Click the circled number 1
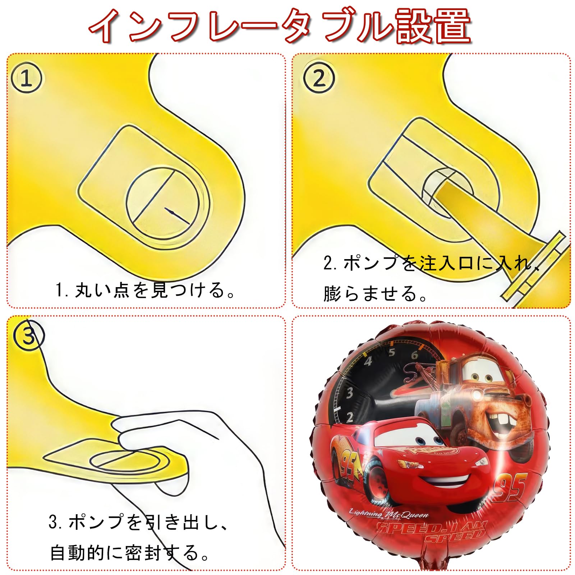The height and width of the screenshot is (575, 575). point(26,78)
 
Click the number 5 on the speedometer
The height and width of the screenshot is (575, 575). point(391,352)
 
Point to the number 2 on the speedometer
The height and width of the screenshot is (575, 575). point(350,417)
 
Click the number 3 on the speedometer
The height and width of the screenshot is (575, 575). point(349,392)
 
